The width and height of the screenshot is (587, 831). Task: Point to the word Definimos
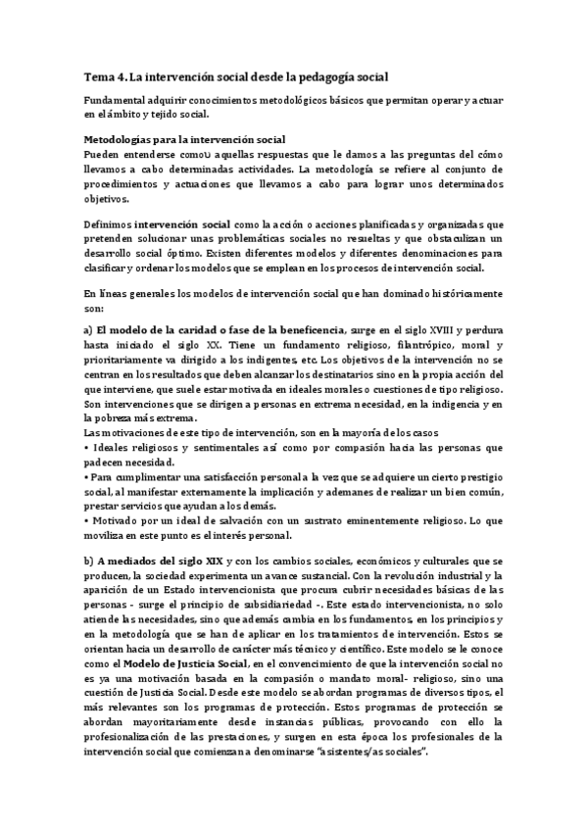pos(107,224)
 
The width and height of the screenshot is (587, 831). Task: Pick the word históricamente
pos(462,293)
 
